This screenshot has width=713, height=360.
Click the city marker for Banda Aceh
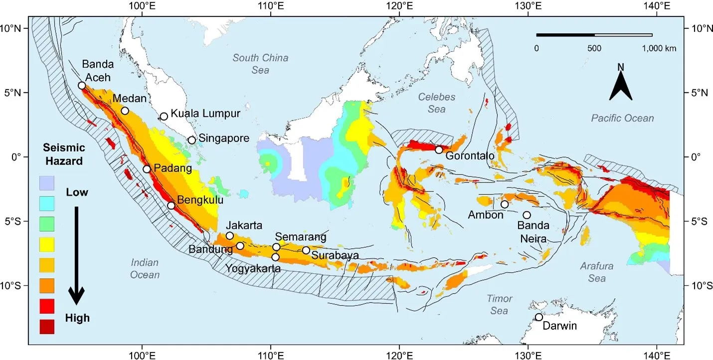[82, 85]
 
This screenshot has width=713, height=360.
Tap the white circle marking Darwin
[538, 317]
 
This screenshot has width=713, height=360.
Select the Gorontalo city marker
[439, 150]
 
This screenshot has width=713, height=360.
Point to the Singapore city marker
[191, 140]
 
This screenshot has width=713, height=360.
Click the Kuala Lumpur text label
[205, 114]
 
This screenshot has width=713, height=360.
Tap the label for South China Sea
[260, 64]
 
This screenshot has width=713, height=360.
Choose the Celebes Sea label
[436, 103]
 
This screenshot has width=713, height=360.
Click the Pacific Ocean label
[622, 118]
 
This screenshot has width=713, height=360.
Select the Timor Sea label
[499, 305]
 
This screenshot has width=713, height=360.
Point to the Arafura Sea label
[596, 272]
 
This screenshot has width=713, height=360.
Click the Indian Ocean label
[145, 268]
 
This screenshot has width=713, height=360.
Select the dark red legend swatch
[46, 326]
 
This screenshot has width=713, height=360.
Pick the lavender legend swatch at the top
[46, 183]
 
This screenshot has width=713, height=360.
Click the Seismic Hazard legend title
[64, 154]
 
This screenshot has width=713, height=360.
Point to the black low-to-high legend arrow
[76, 254]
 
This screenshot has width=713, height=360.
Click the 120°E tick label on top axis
[399, 6]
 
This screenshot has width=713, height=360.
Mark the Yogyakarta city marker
[275, 257]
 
